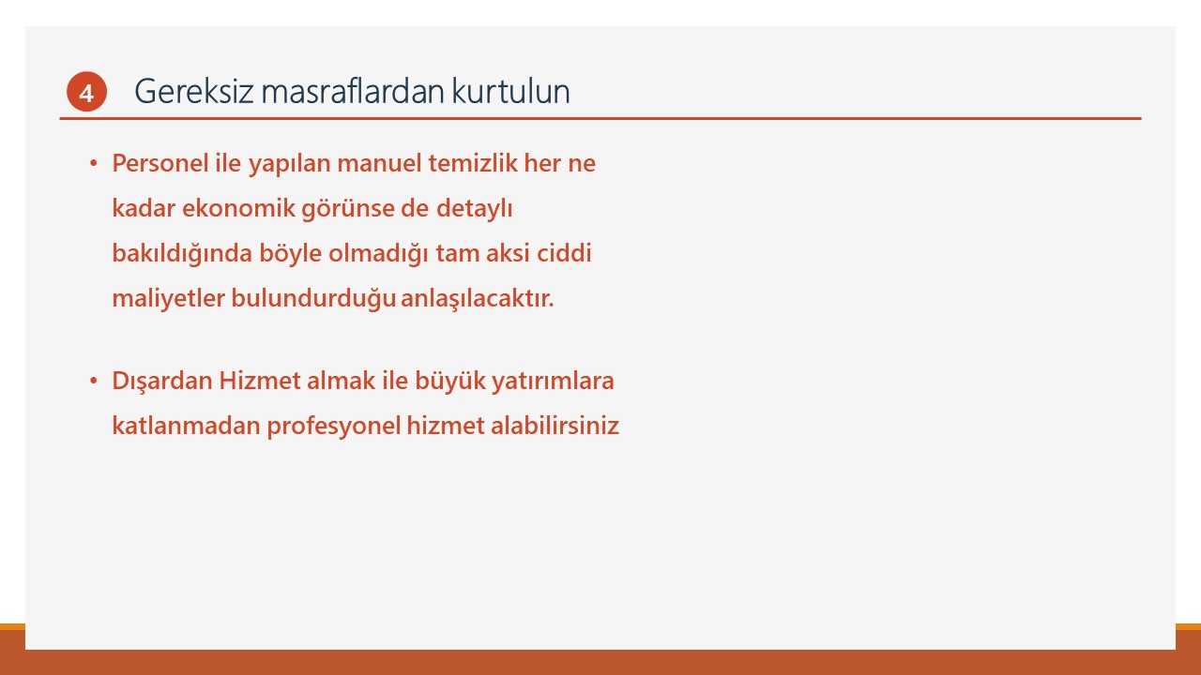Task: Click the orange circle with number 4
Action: coord(86,92)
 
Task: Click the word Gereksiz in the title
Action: coord(193,91)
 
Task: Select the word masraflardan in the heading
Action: coord(353,91)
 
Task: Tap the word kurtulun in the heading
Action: coord(511,91)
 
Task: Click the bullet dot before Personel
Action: coord(94,163)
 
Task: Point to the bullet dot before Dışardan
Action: coord(94,381)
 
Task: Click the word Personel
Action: coord(160,163)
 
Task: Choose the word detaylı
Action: coord(475,209)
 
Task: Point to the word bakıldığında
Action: coord(182,253)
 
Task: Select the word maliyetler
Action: coord(168,299)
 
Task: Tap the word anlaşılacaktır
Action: coord(478,299)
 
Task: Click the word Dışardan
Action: coord(162,382)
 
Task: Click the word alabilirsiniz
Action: coord(555,426)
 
